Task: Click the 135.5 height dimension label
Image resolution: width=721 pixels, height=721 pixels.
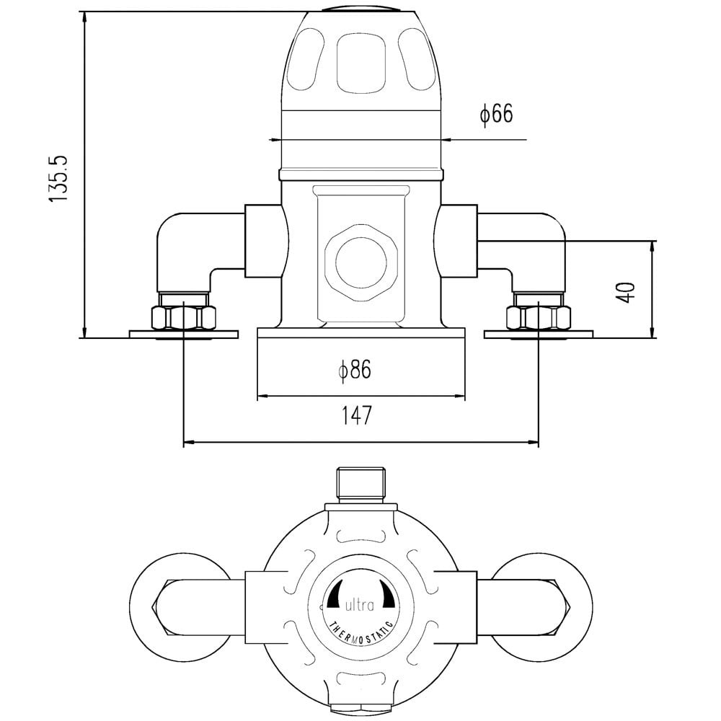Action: (59, 178)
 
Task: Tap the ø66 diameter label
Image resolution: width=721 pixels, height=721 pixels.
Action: (496, 114)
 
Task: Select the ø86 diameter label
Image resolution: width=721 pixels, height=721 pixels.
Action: (355, 369)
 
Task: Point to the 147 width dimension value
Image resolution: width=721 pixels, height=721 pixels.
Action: (356, 415)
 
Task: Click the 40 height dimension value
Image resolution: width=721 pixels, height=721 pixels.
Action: (627, 292)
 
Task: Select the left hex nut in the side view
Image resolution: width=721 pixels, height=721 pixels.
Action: (183, 318)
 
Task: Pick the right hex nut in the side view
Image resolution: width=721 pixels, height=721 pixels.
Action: (539, 318)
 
